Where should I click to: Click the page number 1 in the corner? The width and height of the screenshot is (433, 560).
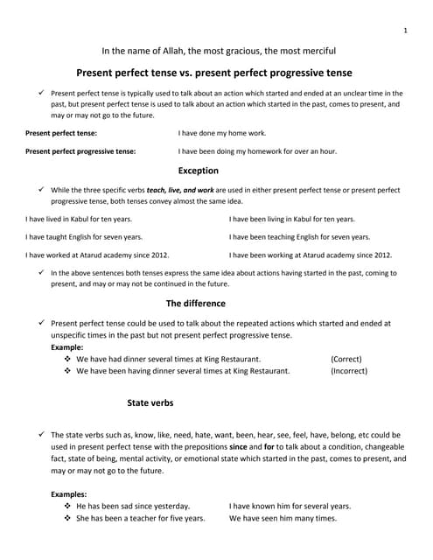405,31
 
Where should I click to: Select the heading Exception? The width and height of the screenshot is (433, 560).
198,171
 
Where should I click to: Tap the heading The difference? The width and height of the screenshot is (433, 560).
195,303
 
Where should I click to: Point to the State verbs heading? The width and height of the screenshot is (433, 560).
150,403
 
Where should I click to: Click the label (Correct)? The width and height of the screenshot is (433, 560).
346,359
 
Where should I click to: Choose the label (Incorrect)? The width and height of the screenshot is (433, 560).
349,371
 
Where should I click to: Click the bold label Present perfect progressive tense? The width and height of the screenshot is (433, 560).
80,151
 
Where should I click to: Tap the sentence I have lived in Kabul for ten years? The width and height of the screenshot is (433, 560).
84,219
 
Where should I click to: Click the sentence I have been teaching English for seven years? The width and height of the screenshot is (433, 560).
299,237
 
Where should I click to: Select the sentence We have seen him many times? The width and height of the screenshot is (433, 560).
283,519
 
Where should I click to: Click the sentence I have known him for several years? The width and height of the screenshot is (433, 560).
290,507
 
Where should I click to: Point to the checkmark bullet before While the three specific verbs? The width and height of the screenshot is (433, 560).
41,189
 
